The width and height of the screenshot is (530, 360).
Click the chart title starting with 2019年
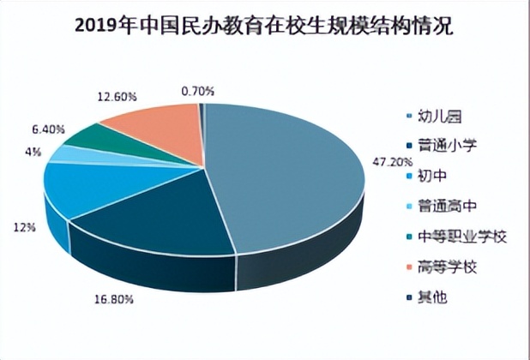(264, 25)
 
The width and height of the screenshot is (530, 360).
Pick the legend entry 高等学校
(446, 267)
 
